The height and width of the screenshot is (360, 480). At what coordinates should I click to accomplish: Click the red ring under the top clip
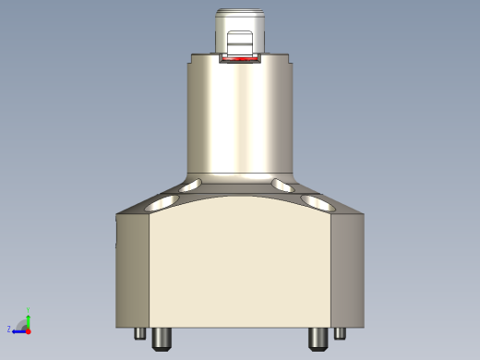(x=241, y=59)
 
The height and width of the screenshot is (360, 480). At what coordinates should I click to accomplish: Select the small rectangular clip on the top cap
(x=240, y=42)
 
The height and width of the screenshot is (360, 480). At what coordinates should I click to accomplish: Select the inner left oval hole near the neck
(x=192, y=186)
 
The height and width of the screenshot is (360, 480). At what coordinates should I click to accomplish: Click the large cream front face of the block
(x=240, y=272)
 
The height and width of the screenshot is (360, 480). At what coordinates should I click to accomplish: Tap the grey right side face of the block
(x=349, y=272)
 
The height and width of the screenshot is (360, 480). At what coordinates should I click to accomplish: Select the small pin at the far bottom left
(x=140, y=333)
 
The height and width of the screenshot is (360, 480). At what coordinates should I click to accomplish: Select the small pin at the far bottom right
(x=340, y=333)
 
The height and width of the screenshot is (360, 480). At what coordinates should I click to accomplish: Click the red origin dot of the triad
(x=29, y=330)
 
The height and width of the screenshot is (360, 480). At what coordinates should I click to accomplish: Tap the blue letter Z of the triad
(x=9, y=329)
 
